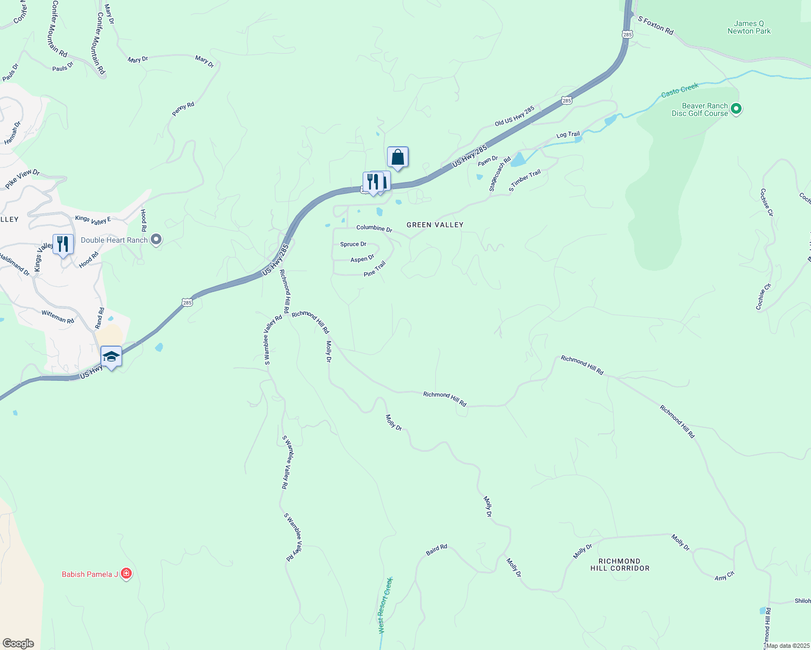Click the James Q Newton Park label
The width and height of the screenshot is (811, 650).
[749, 27]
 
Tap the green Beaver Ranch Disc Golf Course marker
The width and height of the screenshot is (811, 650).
[736, 109]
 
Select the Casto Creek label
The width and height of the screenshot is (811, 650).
[680, 90]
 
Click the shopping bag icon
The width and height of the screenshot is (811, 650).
[397, 158]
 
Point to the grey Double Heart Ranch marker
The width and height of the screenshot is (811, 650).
[156, 239]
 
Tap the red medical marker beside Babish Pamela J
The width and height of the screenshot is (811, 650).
[126, 573]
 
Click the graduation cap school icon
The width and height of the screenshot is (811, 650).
[111, 356]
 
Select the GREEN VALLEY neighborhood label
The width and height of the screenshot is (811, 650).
[435, 225]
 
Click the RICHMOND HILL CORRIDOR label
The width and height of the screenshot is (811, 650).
[620, 565]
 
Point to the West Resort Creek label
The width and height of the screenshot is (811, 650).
[385, 605]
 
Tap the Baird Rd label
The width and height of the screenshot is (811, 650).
[436, 550]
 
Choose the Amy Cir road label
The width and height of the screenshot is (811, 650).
[724, 576]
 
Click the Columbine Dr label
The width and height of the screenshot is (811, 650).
[374, 228]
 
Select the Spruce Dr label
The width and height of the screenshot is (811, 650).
[353, 244]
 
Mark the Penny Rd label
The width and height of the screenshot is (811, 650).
[183, 109]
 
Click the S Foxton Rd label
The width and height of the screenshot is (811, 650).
[655, 25]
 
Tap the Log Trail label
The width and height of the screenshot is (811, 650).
[568, 134]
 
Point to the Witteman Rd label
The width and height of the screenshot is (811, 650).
[57, 316]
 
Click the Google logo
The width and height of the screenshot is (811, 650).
[18, 643]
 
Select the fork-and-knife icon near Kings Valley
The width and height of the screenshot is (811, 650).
[63, 244]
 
